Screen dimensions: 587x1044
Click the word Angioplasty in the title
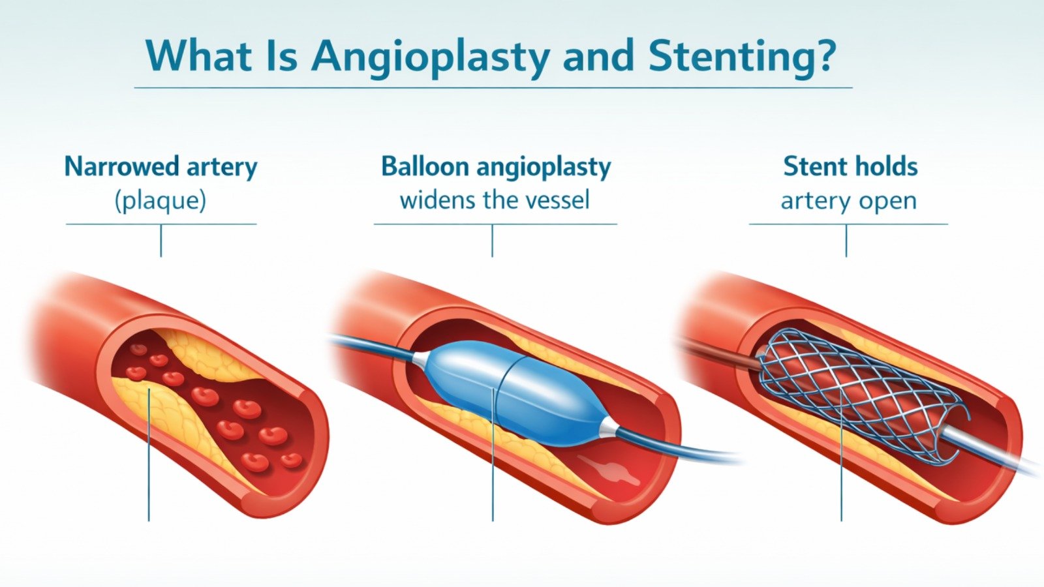click(431, 56)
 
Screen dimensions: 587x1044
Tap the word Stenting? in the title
click(741, 56)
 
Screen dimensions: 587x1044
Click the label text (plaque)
click(161, 201)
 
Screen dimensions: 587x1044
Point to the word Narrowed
click(121, 167)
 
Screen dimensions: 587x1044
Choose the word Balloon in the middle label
click(425, 167)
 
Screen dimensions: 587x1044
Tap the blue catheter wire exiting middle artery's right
click(692, 450)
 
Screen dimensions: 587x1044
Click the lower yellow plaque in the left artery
click(176, 417)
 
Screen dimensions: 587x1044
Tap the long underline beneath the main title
click(493, 87)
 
